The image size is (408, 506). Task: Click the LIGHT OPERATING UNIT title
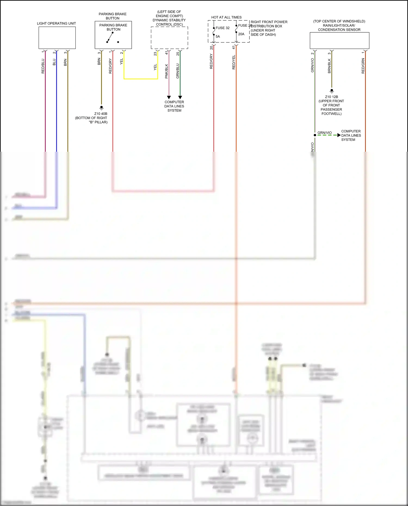pyautogui.click(x=56, y=23)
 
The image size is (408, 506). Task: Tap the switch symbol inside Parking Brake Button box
pyautogui.click(x=110, y=37)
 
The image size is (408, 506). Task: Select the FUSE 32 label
pyautogui.click(x=222, y=28)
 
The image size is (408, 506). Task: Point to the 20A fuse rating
pyautogui.click(x=241, y=34)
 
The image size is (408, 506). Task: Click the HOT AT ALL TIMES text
pyautogui.click(x=226, y=17)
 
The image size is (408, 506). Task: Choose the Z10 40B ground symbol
pyautogui.click(x=101, y=108)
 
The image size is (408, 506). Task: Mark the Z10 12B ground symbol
pyautogui.click(x=332, y=91)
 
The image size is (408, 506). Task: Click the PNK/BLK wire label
pyautogui.click(x=166, y=71)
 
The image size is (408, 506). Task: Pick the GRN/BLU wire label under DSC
pyautogui.click(x=178, y=71)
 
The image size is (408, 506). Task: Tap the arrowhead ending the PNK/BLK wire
pyautogui.click(x=169, y=97)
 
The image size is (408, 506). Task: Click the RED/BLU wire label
pyautogui.click(x=43, y=66)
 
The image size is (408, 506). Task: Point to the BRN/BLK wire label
pyautogui.click(x=329, y=66)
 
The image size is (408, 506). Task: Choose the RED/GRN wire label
pyautogui.click(x=363, y=66)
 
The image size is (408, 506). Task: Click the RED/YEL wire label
pyautogui.click(x=234, y=62)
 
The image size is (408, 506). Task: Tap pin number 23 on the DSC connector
pyautogui.click(x=155, y=54)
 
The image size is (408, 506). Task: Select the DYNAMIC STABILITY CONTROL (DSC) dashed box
pyautogui.click(x=169, y=38)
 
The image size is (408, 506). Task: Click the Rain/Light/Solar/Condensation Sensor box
pyautogui.click(x=339, y=41)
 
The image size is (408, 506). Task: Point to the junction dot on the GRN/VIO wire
pyautogui.click(x=315, y=135)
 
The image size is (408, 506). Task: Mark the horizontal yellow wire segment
pyautogui.click(x=141, y=79)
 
